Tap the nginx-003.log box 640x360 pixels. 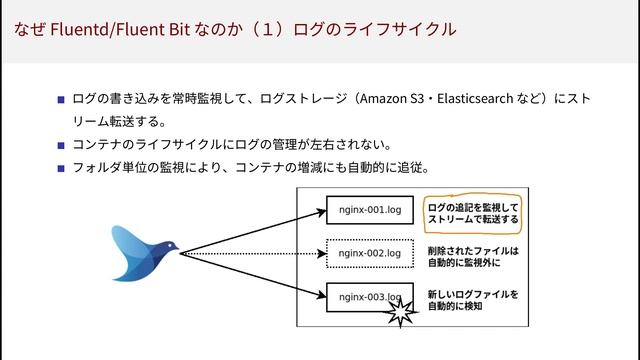click(x=368, y=297)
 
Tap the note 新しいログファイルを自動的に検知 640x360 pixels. click(x=472, y=300)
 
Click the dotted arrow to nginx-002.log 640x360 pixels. click(x=255, y=253)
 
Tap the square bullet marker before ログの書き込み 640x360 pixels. click(x=61, y=100)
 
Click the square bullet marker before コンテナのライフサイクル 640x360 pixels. click(x=61, y=146)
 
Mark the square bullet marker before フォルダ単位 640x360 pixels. click(x=61, y=168)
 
